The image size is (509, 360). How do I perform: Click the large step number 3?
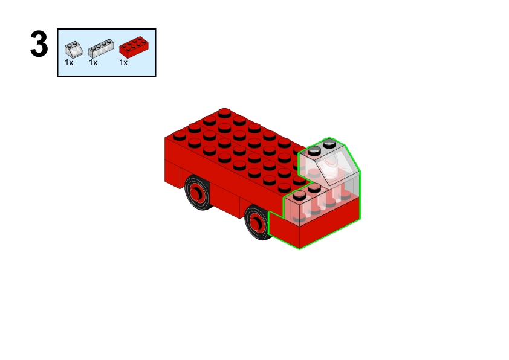click(39, 44)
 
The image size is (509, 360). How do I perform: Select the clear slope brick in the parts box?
click(74, 50)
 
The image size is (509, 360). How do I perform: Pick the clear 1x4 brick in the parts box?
click(101, 48)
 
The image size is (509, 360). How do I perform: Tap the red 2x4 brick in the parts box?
click(134, 47)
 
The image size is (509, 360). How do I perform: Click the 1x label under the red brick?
click(123, 63)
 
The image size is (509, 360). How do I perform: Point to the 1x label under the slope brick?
click(69, 63)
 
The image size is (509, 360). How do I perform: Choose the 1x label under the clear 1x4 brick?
click(93, 63)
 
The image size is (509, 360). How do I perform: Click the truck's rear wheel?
click(198, 193)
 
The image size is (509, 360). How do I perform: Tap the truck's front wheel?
click(257, 223)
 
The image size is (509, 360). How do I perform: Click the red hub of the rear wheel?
click(196, 193)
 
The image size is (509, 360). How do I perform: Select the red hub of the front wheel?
click(256, 223)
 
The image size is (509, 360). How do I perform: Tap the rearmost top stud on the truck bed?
click(224, 113)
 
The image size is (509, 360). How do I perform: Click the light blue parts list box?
click(106, 53)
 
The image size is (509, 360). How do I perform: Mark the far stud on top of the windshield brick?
click(329, 143)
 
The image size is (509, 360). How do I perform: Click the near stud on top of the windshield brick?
click(314, 150)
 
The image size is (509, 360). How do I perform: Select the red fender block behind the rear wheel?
click(172, 174)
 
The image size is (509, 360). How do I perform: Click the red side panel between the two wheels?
click(226, 198)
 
